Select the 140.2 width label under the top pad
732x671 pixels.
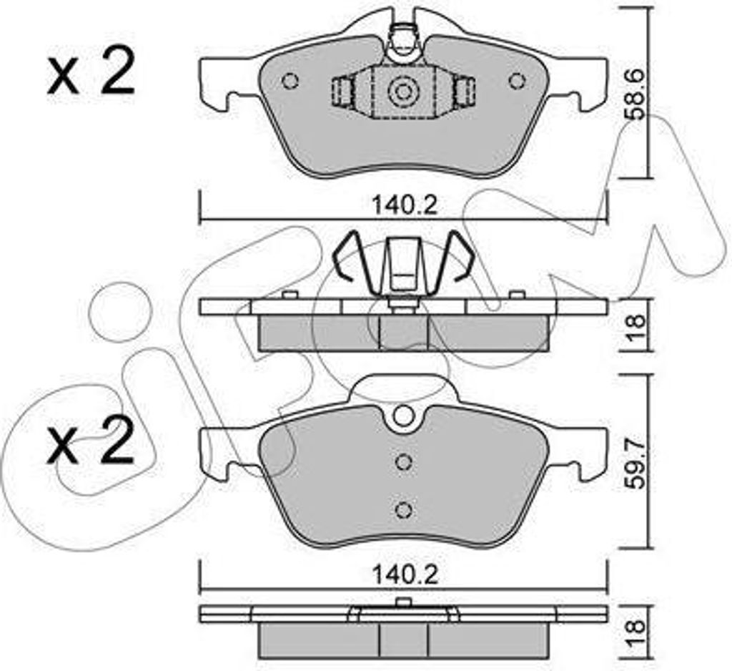(x=405, y=205)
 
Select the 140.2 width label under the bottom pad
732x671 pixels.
(x=405, y=575)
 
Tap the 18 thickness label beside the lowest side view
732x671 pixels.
(x=635, y=631)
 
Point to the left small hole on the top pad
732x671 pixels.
(x=290, y=82)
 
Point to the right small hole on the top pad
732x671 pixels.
(x=517, y=82)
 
